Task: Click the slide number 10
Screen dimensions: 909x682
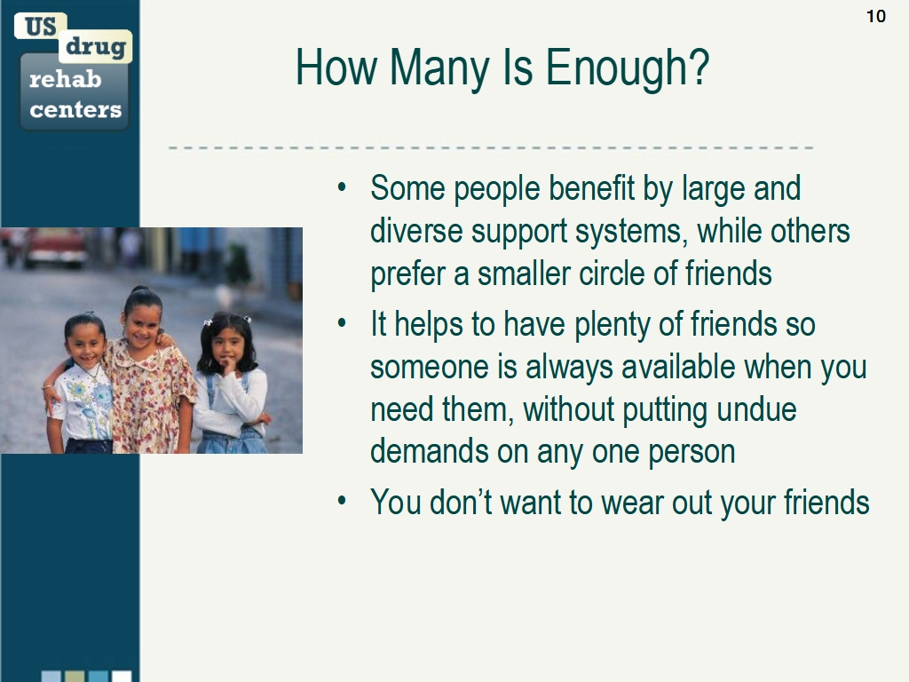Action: coord(876,16)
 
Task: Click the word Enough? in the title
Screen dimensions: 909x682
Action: coord(628,67)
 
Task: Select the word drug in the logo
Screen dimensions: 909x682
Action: coord(96,46)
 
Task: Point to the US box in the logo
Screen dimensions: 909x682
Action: coord(41,26)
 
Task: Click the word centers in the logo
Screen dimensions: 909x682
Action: coord(75,109)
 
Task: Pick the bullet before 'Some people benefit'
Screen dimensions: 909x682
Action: coord(342,186)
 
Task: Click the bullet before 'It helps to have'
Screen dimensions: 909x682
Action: coord(342,323)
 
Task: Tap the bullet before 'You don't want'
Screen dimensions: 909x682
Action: coord(342,501)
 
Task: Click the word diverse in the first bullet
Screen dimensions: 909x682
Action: coord(416,231)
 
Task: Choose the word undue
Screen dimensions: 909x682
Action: coord(756,409)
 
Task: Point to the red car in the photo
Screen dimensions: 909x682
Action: coord(55,247)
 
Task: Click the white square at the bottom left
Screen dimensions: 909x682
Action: coord(121,676)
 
